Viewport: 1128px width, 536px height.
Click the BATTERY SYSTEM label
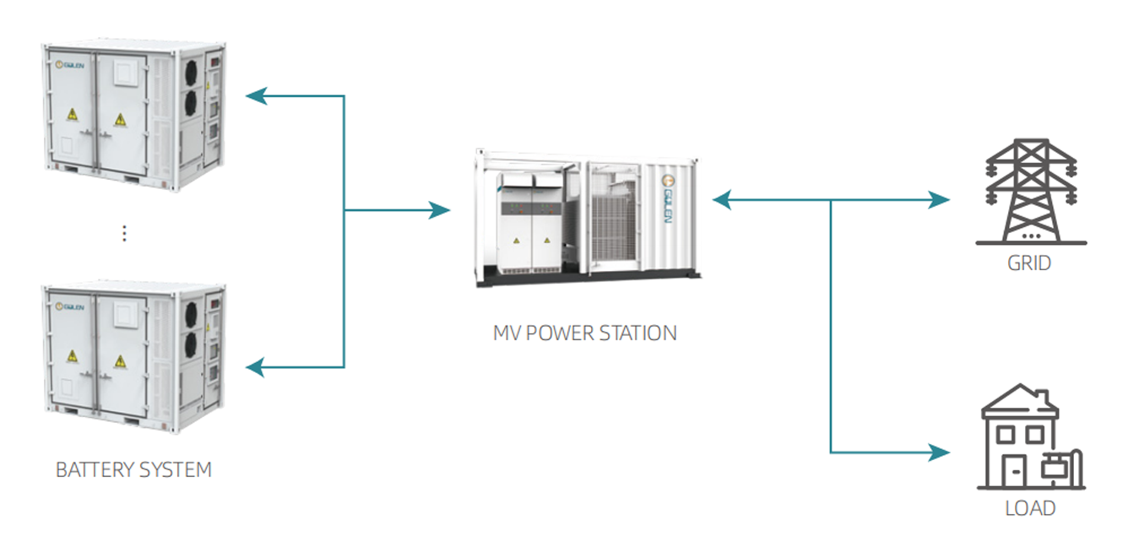[133, 469]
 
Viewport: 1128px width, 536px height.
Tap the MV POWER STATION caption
[584, 333]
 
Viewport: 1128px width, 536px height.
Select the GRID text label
[1029, 263]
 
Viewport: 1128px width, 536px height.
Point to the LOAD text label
[1030, 508]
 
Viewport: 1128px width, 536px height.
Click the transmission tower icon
[1031, 192]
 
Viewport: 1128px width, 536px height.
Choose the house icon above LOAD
[1031, 437]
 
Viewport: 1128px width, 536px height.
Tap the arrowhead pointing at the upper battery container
[257, 95]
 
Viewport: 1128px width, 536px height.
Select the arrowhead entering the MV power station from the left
[439, 210]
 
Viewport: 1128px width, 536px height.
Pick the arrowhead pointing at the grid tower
[939, 200]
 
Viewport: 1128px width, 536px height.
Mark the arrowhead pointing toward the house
[939, 452]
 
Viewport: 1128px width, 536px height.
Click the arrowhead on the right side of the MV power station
[723, 200]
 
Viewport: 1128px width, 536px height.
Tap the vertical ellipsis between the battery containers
[124, 234]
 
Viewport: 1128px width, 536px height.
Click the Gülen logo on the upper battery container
[70, 65]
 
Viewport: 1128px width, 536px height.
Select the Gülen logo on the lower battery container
[70, 306]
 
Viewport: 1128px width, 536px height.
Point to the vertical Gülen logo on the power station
[668, 199]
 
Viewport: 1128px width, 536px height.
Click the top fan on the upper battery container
[192, 73]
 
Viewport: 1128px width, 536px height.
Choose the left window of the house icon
[1006, 435]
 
